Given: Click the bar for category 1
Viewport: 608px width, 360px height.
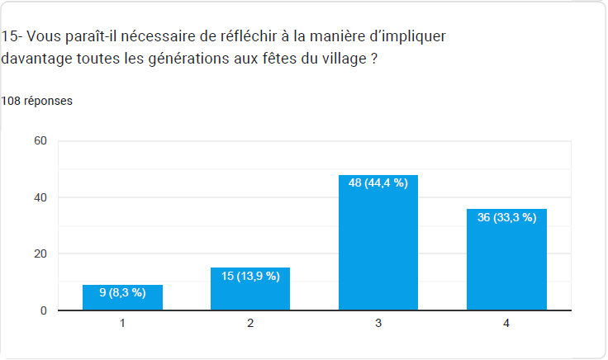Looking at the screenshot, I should pyautogui.click(x=122, y=299).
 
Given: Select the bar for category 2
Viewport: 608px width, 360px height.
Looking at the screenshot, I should pyautogui.click(x=250, y=291).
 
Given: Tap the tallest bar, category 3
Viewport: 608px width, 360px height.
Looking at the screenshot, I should pyautogui.click(x=378, y=248).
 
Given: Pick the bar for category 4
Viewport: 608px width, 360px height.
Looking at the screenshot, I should pyautogui.click(x=506, y=264).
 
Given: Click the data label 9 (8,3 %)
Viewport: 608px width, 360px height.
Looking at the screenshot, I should pyautogui.click(x=122, y=292).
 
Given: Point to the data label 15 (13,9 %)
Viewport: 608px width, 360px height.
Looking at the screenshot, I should pyautogui.click(x=250, y=276).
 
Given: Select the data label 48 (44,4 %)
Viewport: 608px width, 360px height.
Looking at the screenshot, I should pyautogui.click(x=378, y=183).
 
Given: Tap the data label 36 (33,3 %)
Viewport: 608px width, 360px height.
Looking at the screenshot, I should pyautogui.click(x=506, y=217).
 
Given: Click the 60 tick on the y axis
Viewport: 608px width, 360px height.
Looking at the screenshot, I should pyautogui.click(x=40, y=141).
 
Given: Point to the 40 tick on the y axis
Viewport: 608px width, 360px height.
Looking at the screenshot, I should pyautogui.click(x=40, y=197).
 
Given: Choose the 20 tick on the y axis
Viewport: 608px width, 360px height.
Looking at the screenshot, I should pyautogui.click(x=40, y=254).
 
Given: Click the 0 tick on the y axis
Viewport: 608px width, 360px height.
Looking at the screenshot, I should pyautogui.click(x=44, y=311).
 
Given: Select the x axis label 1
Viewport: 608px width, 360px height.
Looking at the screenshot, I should pyautogui.click(x=122, y=324).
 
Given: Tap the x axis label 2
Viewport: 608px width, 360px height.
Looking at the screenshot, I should pyautogui.click(x=250, y=324).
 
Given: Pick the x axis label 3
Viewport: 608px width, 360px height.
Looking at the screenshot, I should pyautogui.click(x=378, y=324).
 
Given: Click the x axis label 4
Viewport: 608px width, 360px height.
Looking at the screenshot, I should pyautogui.click(x=506, y=324).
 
